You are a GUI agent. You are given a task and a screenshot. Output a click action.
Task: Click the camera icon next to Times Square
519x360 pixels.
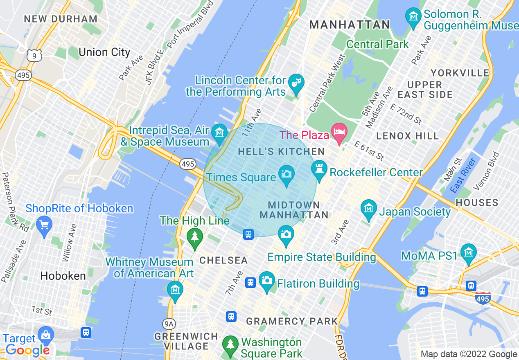(286, 173)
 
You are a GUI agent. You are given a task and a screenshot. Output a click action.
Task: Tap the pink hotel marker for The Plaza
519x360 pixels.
(339, 132)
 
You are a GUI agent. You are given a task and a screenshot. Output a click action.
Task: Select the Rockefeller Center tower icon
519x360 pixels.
(319, 168)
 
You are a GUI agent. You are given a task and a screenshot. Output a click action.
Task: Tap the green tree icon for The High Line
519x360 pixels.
(194, 236)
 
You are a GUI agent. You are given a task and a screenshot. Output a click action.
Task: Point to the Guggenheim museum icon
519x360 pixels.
(413, 16)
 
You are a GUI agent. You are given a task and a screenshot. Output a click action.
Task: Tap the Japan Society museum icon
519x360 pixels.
(369, 208)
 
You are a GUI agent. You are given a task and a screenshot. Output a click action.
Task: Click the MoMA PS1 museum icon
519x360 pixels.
(468, 252)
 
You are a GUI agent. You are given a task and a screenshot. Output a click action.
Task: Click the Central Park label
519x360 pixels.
(377, 44)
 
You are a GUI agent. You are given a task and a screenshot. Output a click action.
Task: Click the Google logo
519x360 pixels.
(28, 350)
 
